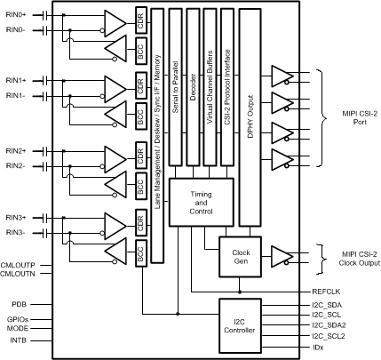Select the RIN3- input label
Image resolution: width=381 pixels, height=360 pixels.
point(16,234)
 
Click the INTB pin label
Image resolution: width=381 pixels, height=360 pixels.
point(18,340)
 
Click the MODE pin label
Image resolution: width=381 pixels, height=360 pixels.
point(18,328)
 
